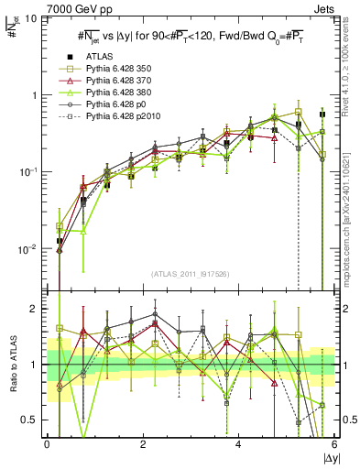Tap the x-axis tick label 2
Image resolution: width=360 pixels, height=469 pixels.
(143, 444)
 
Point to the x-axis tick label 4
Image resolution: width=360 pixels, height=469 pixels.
(238, 444)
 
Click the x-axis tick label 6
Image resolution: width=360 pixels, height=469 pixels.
(333, 444)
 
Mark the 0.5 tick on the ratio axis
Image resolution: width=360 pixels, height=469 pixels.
(34, 420)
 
